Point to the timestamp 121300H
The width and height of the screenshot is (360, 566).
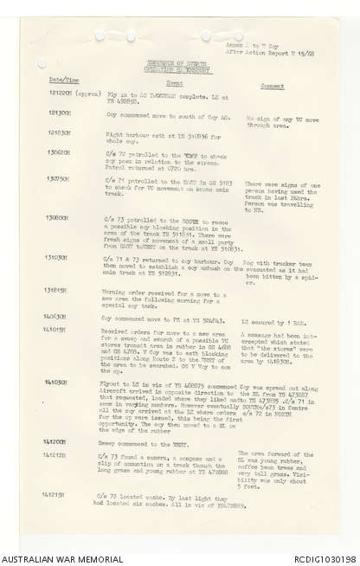(57, 113)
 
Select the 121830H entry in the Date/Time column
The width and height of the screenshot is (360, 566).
(57, 132)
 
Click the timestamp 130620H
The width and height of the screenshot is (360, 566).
(57, 152)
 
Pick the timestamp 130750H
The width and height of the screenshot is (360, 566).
(57, 179)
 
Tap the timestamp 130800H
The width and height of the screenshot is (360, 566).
(57, 217)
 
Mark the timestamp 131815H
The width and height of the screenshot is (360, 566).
(57, 290)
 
